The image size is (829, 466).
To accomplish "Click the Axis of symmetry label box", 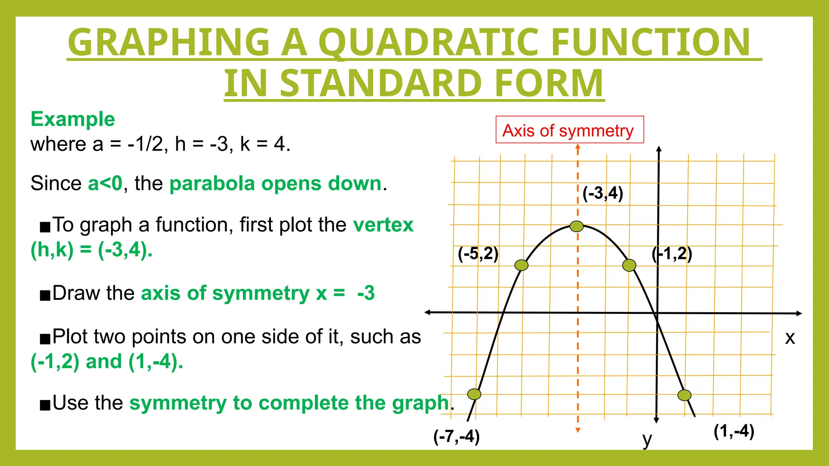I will click(x=570, y=130).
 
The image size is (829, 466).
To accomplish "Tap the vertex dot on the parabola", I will click(x=576, y=226).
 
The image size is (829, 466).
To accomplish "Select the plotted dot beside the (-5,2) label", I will click(x=521, y=265).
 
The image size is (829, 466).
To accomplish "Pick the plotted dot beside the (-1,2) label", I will click(x=629, y=265).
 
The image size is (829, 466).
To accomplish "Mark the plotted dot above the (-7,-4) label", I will click(x=474, y=394).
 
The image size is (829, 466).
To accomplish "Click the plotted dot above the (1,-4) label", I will click(x=684, y=395).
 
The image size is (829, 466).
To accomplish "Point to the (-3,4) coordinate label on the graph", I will click(x=603, y=193).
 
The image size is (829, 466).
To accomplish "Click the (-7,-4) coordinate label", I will click(x=456, y=436).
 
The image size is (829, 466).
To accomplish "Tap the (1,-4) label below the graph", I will click(x=733, y=431).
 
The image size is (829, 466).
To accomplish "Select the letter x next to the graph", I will click(x=790, y=338).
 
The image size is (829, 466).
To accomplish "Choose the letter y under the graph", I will click(x=647, y=439).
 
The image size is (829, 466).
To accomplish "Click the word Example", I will click(x=73, y=119).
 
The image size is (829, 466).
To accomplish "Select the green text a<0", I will click(x=105, y=184).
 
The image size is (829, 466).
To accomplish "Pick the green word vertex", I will click(x=383, y=225).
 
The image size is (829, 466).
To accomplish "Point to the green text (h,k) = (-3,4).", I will click(x=91, y=250).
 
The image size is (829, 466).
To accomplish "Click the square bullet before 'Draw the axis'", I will click(x=45, y=295).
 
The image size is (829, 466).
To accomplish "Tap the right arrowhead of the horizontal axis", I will click(x=799, y=313).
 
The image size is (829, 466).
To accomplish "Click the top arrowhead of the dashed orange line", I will click(x=578, y=147).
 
